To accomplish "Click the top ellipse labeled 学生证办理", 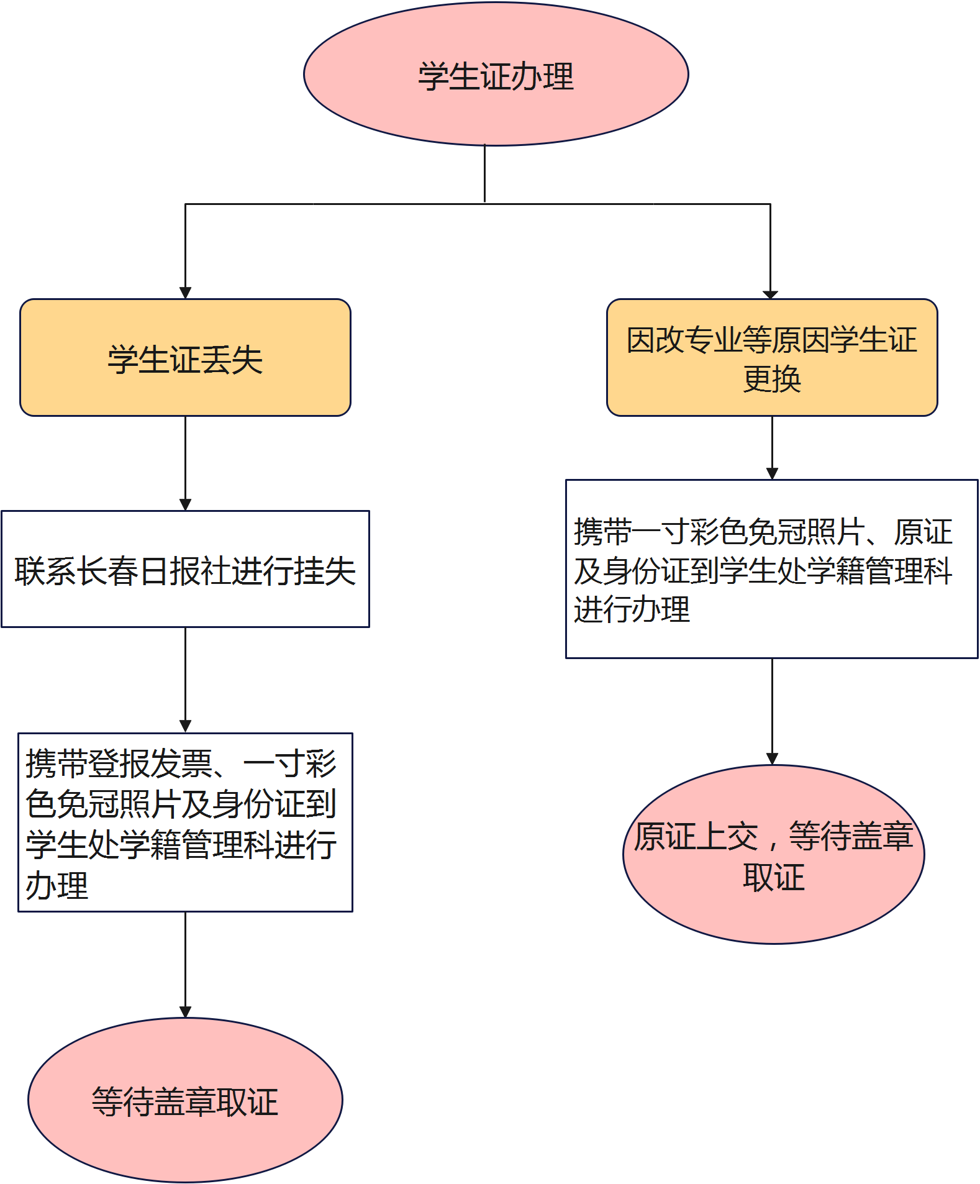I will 496,75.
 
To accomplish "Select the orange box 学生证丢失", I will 185,358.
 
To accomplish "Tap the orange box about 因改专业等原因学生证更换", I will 771,358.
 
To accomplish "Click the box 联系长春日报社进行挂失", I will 185,569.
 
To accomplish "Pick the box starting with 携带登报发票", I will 185,822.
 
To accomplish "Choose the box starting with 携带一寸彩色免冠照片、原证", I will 771,569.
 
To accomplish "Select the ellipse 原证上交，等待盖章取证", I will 773,855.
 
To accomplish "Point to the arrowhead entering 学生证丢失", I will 185,293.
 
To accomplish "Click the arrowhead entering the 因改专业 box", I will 770,294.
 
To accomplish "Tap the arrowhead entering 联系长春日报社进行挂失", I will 185,504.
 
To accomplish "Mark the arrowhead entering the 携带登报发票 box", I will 185,726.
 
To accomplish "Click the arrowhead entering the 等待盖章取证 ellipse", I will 185,1012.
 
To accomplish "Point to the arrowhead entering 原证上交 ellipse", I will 772,758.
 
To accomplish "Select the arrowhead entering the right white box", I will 772,473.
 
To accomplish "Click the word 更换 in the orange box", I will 772,379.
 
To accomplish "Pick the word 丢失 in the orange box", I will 232,360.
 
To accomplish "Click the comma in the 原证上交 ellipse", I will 772,842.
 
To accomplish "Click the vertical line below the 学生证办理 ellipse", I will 484,174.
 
